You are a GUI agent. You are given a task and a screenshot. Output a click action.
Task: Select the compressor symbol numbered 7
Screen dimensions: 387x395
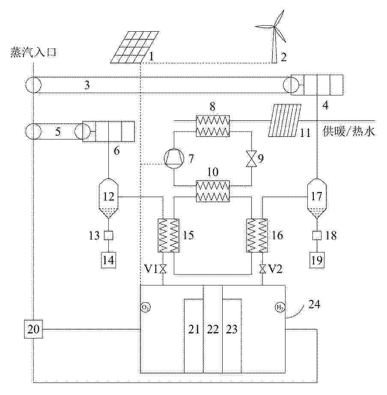click(x=173, y=158)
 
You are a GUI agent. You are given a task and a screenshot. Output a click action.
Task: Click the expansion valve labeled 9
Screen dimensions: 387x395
click(x=251, y=158)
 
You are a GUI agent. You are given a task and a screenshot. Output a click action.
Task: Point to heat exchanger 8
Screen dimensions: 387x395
click(x=213, y=126)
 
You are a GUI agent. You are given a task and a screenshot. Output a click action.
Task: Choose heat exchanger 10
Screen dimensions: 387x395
click(x=213, y=191)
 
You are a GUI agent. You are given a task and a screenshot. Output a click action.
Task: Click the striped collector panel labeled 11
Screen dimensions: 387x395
click(x=284, y=120)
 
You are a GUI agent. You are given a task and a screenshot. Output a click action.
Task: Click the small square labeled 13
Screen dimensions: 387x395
click(x=108, y=236)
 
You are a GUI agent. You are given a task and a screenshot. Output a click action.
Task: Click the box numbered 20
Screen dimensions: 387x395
click(x=33, y=329)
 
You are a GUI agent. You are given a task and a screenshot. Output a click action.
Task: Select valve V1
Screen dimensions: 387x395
click(x=163, y=269)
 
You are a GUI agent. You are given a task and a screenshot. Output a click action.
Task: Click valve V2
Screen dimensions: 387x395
click(x=262, y=269)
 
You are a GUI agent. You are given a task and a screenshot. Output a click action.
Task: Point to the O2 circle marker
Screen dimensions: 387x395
click(x=146, y=307)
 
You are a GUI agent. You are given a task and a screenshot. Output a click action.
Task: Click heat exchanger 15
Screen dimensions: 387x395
click(x=168, y=235)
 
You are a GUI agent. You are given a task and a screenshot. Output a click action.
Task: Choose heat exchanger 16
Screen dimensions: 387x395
click(x=257, y=235)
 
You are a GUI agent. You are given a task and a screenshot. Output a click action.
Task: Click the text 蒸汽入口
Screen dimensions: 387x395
click(x=33, y=53)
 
